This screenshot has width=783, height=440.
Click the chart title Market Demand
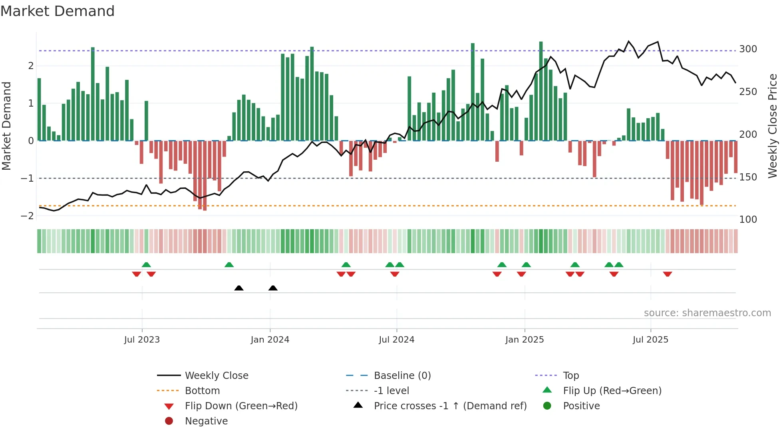(58, 11)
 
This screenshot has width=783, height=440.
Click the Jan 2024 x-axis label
(270, 340)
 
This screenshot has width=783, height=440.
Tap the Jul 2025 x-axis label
(650, 340)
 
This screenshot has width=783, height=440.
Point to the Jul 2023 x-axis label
(142, 340)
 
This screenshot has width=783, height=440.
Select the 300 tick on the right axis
(748, 49)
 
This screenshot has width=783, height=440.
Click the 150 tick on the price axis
(748, 177)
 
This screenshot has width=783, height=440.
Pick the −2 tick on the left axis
(28, 216)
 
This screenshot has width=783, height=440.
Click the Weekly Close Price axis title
(773, 126)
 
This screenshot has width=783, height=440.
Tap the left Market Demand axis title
(7, 126)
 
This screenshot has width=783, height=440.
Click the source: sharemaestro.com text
(707, 313)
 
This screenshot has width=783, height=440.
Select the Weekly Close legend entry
(216, 376)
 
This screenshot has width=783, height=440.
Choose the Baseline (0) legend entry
(402, 376)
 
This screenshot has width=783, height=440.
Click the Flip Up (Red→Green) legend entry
(612, 391)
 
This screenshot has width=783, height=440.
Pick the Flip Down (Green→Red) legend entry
(241, 406)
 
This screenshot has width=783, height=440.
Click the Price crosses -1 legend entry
(450, 406)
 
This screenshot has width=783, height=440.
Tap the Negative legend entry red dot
(169, 421)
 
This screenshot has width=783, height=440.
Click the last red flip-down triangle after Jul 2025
(667, 274)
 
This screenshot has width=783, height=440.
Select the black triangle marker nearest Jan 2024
(273, 288)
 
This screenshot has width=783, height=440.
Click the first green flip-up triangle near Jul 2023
(146, 264)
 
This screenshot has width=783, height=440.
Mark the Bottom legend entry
(202, 391)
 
